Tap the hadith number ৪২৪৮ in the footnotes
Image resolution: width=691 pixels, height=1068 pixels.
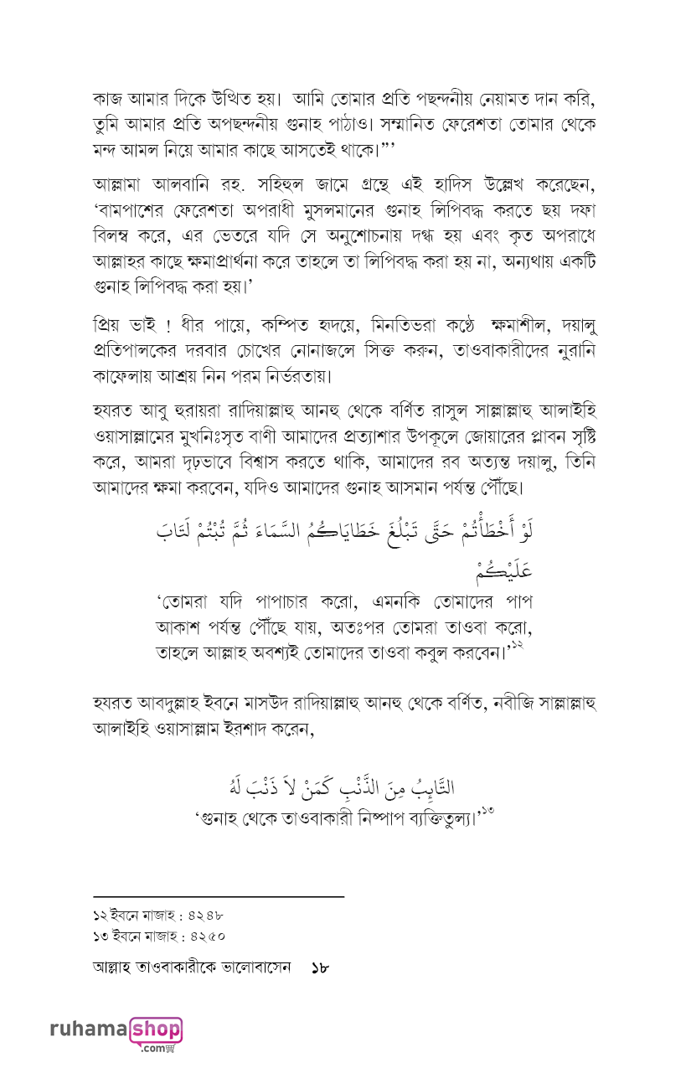[x=204, y=914]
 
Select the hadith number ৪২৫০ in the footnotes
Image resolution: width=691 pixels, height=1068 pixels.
[x=205, y=933]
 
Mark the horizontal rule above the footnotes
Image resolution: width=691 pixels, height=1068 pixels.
[x=219, y=897]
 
